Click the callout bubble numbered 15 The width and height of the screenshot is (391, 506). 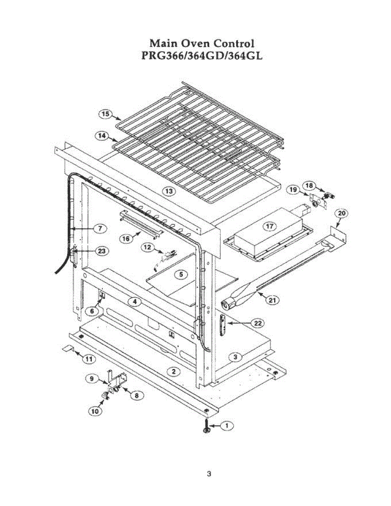105,113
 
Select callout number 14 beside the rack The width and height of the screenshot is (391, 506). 101,136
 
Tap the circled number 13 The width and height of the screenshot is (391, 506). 169,191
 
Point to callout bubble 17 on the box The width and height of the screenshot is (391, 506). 270,226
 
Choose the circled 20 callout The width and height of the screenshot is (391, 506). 341,213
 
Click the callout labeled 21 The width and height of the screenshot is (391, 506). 273,300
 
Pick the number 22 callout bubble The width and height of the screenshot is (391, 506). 257,323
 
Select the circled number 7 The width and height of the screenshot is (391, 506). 100,228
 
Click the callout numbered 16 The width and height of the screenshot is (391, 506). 126,238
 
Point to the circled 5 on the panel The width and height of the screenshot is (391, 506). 181,275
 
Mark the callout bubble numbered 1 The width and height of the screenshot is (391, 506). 227,426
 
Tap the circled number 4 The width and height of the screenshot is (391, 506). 134,301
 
